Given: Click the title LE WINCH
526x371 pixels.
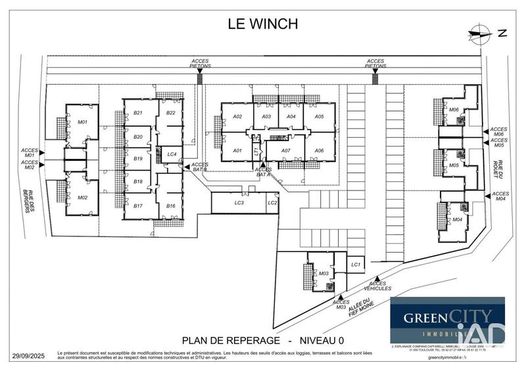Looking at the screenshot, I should coord(262,24).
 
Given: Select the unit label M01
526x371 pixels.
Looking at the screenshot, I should coord(83,122).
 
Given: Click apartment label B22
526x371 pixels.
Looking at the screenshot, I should coord(170,113).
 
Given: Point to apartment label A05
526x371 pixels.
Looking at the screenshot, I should coord(319,116).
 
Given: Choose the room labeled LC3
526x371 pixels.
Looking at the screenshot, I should coord(239,203).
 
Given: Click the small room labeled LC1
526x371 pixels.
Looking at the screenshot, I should coord(356,264).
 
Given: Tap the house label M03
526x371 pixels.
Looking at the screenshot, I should coord(323,273).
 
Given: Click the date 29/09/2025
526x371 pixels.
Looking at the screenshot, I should coord(28,356).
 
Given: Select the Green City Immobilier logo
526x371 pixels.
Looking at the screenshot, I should coord(447,320).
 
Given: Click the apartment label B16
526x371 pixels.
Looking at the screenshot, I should coord(170,206).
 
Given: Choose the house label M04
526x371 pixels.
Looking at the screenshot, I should coord(458,219).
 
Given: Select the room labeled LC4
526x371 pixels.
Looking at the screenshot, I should coord(172,154).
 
